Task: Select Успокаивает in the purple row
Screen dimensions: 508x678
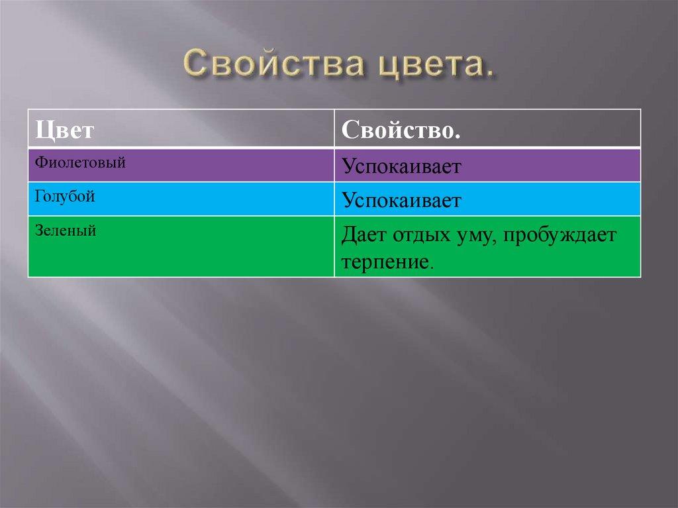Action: [x=401, y=166]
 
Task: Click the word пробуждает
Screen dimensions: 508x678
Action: [x=560, y=236]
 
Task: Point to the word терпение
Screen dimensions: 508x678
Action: [x=385, y=261]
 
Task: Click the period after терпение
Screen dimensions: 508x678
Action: [x=432, y=266]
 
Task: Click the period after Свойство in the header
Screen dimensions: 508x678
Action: [x=458, y=135]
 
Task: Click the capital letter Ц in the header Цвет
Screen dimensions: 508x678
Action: [x=42, y=130]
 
